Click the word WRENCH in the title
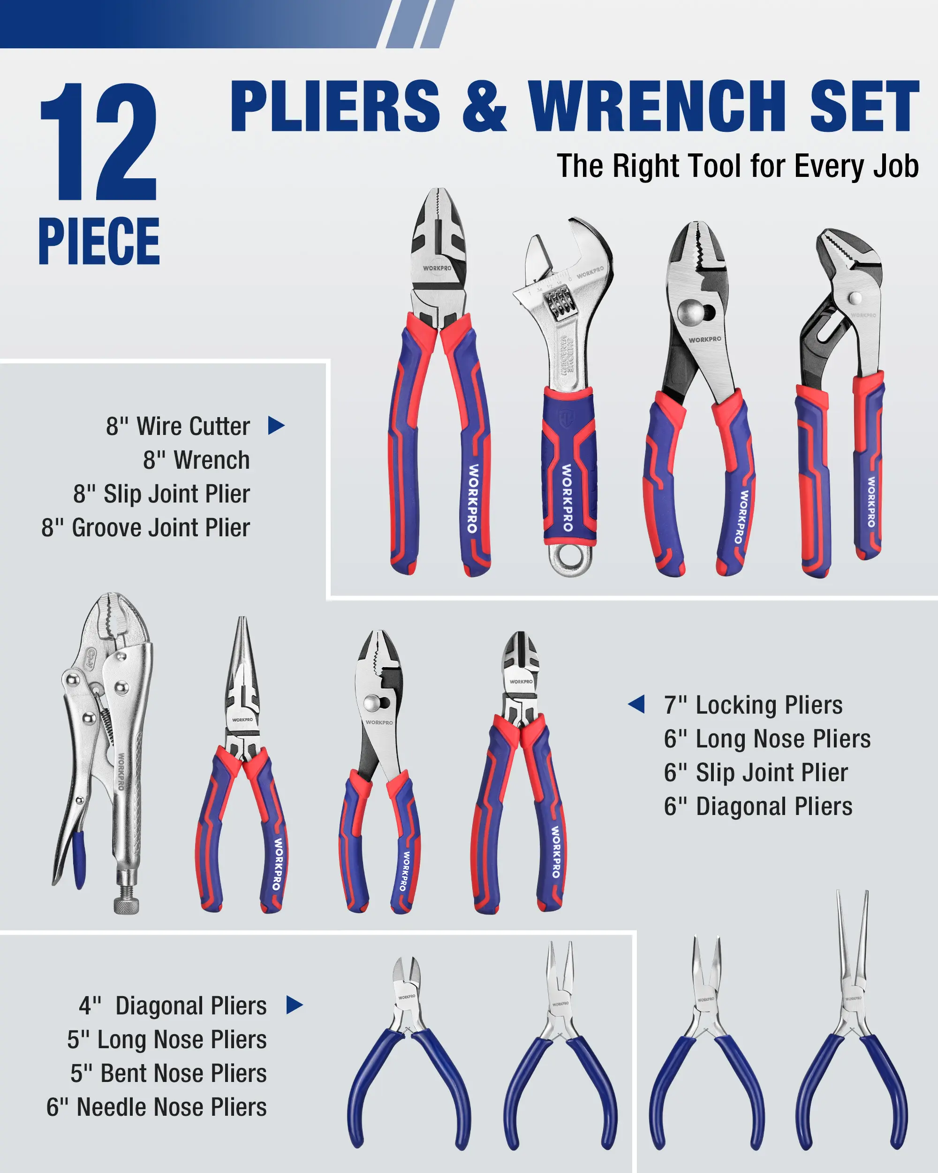658,106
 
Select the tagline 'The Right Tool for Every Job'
737,166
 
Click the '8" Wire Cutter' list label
178,426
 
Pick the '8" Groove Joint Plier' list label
146,528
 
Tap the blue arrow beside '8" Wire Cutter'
276,426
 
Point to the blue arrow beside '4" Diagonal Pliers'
294,1005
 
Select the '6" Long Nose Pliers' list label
767,739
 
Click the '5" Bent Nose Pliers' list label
168,1074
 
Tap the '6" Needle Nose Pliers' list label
157,1107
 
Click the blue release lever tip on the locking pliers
79,860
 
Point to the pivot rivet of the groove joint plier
855,297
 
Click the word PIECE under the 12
99,241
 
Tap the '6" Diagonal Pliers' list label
758,806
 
